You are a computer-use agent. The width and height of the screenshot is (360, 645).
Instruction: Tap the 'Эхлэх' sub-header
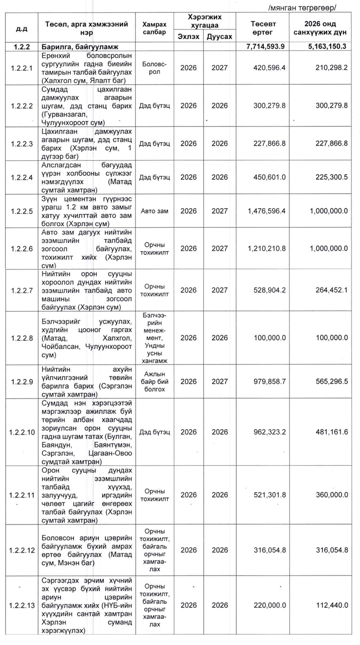pyautogui.click(x=188, y=36)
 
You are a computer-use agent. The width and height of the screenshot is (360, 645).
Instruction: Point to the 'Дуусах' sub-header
pyautogui.click(x=219, y=36)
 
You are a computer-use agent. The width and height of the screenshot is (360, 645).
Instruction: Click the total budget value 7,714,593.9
pyautogui.click(x=265, y=46)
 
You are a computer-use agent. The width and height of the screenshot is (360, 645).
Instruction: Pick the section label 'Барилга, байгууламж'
pyautogui.click(x=80, y=47)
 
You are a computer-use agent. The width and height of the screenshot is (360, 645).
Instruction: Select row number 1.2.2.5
pyautogui.click(x=22, y=211)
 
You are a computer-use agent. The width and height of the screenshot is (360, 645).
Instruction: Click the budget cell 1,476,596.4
pyautogui.click(x=267, y=211)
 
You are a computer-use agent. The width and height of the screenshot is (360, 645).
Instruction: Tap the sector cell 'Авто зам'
pyautogui.click(x=155, y=211)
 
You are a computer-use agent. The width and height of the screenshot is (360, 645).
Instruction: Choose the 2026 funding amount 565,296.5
pyautogui.click(x=331, y=381)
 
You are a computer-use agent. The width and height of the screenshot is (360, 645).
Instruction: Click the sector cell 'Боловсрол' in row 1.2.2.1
pyautogui.click(x=155, y=68)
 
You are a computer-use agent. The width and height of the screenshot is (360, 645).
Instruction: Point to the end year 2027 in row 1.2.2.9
pyautogui.click(x=219, y=381)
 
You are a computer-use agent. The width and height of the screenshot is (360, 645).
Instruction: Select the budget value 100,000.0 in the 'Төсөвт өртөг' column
pyautogui.click(x=270, y=338)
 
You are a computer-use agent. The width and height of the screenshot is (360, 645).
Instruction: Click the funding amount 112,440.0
pyautogui.click(x=331, y=605)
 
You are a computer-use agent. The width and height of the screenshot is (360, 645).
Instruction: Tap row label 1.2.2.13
pyautogui.click(x=22, y=605)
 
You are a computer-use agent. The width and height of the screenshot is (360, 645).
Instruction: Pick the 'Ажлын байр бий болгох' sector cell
pyautogui.click(x=155, y=381)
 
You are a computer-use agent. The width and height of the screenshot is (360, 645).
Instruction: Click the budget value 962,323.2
pyautogui.click(x=270, y=432)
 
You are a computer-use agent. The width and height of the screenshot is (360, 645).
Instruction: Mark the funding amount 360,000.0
pyautogui.click(x=331, y=495)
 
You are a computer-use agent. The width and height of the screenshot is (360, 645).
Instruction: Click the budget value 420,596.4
pyautogui.click(x=270, y=68)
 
